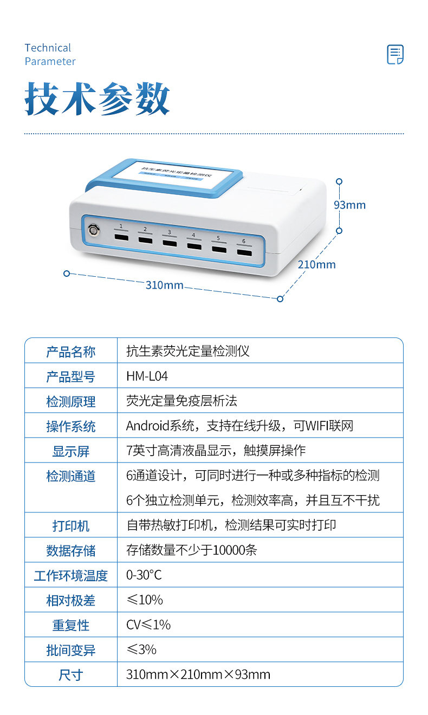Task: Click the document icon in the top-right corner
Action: (x=395, y=54)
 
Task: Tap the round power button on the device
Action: (x=94, y=230)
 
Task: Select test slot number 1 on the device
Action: (x=121, y=237)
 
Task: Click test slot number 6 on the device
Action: (x=244, y=253)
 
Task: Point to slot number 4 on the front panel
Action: (x=194, y=246)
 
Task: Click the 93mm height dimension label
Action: (x=350, y=205)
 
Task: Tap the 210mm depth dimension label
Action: (x=316, y=265)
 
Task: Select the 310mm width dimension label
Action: (x=164, y=285)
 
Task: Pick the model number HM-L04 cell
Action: (x=147, y=376)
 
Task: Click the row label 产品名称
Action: (x=71, y=352)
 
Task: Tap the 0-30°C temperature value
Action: (x=144, y=575)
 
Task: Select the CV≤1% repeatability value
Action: (x=148, y=625)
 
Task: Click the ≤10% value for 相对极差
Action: (x=145, y=600)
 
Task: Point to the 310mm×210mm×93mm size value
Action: (x=198, y=674)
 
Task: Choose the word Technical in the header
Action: (x=48, y=48)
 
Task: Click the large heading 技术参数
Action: (x=97, y=99)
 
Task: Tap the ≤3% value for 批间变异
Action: (x=141, y=649)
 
